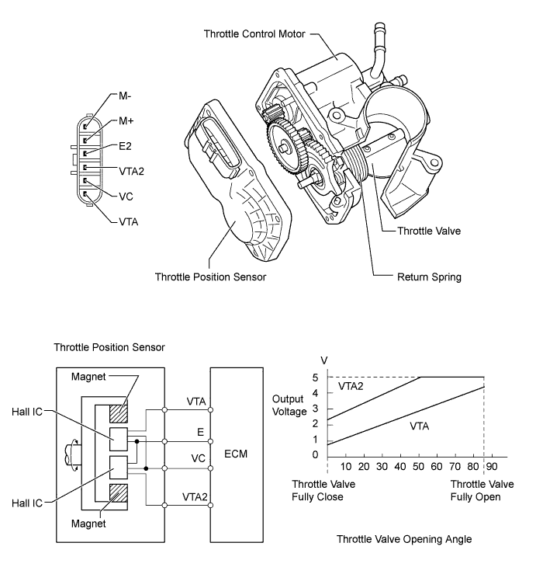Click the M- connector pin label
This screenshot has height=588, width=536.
[125, 97]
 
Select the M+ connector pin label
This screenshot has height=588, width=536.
[126, 121]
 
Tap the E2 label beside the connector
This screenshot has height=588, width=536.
[126, 145]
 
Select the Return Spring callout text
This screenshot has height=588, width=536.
[428, 276]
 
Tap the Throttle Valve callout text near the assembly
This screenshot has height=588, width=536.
[431, 231]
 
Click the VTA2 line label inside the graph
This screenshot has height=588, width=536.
[351, 385]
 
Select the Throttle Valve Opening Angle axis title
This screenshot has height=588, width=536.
[404, 538]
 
